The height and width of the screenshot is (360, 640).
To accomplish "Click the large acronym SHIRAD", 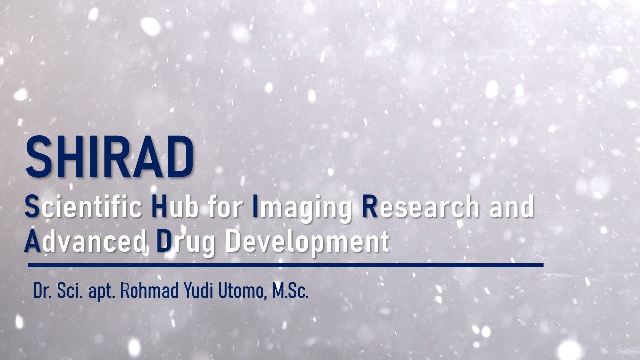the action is pyautogui.click(x=110, y=157).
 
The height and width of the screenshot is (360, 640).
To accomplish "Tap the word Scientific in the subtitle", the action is pyautogui.click(x=83, y=206).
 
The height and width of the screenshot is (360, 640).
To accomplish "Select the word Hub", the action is pyautogui.click(x=175, y=206).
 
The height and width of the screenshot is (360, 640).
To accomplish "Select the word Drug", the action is pyautogui.click(x=186, y=243).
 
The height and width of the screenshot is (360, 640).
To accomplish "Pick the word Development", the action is pyautogui.click(x=307, y=243).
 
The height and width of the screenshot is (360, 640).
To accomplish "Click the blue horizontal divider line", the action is pyautogui.click(x=285, y=265).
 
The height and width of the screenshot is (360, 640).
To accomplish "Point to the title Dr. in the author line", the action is pyautogui.click(x=43, y=291).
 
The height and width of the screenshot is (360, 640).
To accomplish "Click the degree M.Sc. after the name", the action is pyautogui.click(x=291, y=291).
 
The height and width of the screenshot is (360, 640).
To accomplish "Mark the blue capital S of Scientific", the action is pyautogui.click(x=32, y=206).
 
